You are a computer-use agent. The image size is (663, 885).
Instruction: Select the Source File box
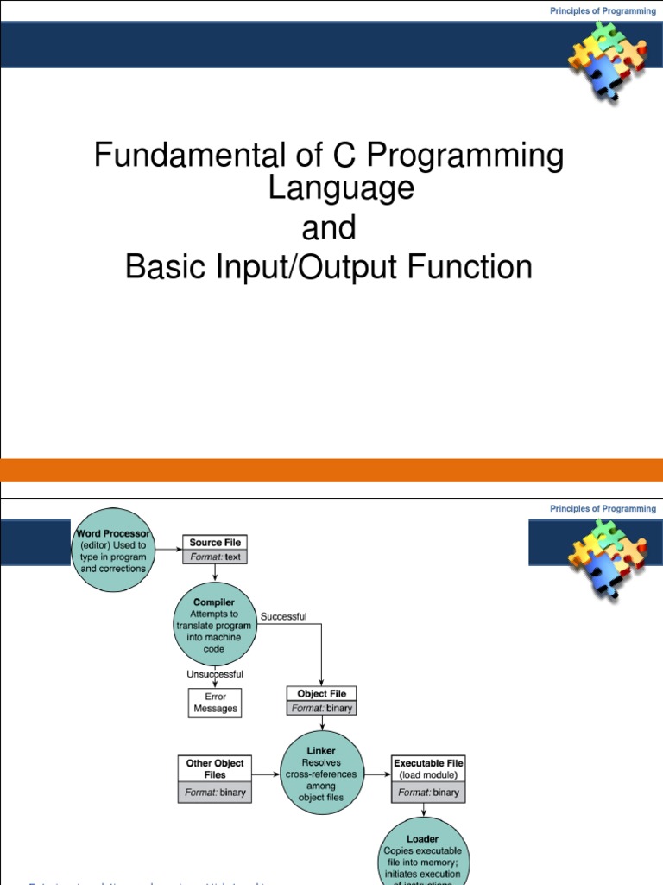point(217,550)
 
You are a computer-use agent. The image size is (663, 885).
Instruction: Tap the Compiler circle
point(215,625)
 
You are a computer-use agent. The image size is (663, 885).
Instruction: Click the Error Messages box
point(215,702)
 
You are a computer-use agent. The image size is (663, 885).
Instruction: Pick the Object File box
point(321,700)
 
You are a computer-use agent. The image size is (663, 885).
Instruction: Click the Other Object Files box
point(216,778)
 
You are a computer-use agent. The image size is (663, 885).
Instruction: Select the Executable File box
point(428,778)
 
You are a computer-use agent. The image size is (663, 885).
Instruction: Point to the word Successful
point(283,617)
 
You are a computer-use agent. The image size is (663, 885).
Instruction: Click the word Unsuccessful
point(215,674)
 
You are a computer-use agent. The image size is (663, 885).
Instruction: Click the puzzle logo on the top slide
point(606,57)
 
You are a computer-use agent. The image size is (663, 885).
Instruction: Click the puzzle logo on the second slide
point(606,554)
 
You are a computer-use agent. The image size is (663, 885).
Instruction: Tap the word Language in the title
point(340,188)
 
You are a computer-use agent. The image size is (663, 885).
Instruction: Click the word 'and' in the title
point(328,228)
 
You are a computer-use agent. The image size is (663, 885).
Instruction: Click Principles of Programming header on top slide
point(603,11)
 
